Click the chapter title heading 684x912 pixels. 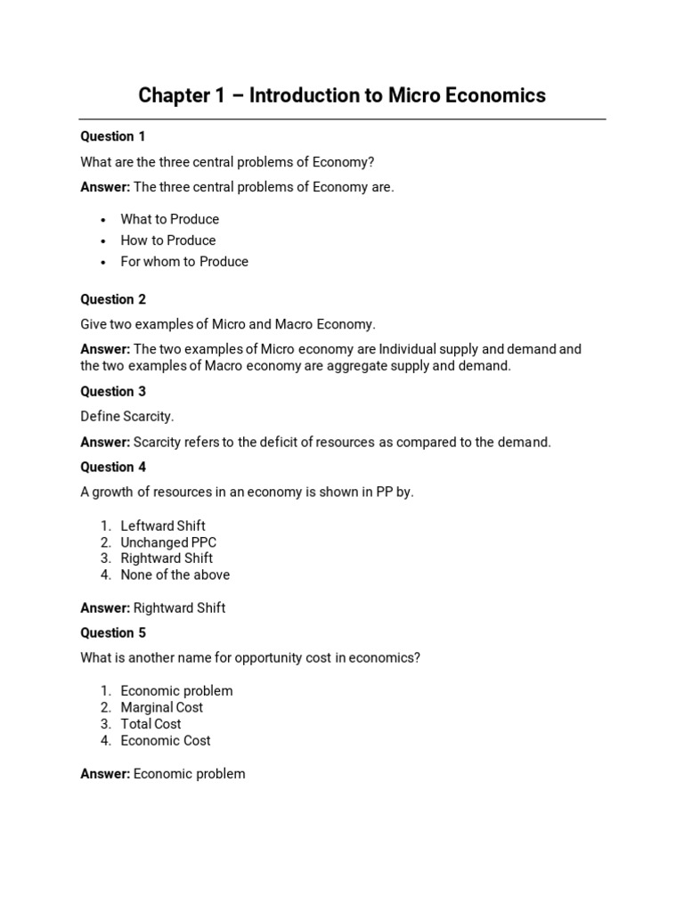tap(342, 95)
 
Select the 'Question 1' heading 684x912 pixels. tap(113, 136)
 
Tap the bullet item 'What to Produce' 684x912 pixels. tap(169, 219)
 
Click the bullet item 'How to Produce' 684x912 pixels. tap(168, 240)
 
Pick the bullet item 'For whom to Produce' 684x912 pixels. tap(184, 262)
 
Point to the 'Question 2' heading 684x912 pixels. tap(113, 299)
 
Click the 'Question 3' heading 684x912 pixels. tap(113, 391)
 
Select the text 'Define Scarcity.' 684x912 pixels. tap(127, 417)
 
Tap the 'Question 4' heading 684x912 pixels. tap(113, 467)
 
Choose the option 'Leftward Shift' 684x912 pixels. tap(163, 525)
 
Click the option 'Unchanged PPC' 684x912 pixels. tap(168, 542)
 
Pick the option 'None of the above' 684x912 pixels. tap(175, 575)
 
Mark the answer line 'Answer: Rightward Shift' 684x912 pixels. tap(152, 608)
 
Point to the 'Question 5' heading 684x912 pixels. tap(113, 633)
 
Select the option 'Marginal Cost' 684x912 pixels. tap(162, 707)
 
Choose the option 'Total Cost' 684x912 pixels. tap(151, 724)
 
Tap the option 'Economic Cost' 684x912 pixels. tap(166, 741)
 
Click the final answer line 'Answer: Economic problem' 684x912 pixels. tap(163, 774)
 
